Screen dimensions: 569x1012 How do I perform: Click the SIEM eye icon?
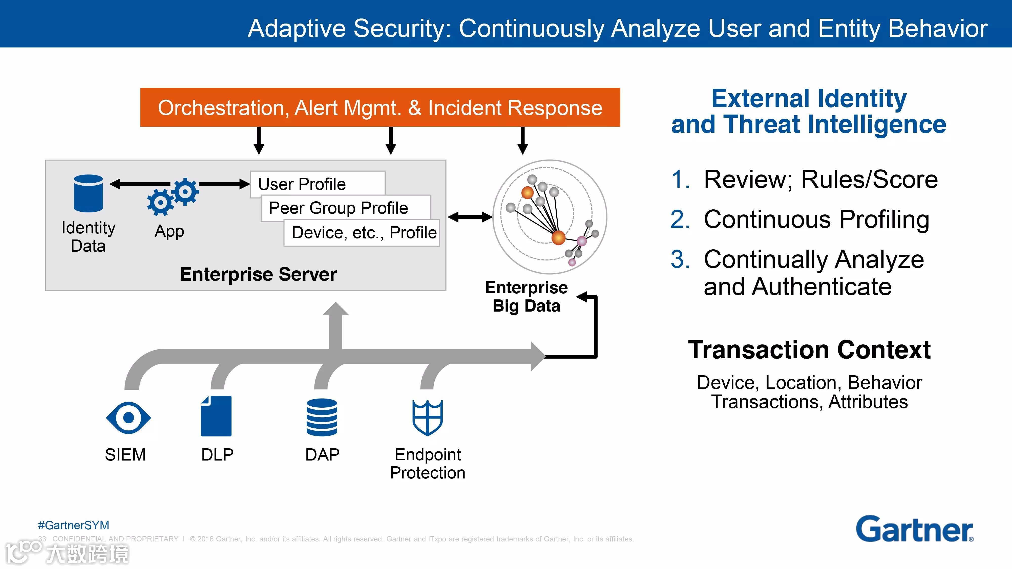coord(129,418)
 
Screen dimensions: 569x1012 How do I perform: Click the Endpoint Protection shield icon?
coord(427,418)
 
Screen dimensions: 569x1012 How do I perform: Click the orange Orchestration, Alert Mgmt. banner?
coord(380,107)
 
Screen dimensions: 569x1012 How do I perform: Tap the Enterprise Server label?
coord(258,274)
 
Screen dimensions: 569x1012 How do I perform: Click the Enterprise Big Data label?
coord(526,296)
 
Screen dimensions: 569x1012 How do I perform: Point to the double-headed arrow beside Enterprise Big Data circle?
coord(470,217)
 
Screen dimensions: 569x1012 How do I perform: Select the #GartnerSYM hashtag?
coord(73,525)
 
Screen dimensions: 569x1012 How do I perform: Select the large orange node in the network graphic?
coord(558,237)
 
